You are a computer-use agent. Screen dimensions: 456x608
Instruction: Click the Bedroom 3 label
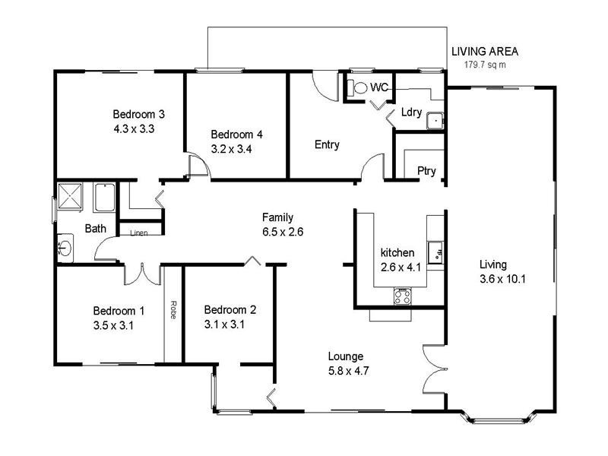pos(139,115)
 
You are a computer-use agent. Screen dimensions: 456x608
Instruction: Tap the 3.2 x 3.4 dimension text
pos(236,149)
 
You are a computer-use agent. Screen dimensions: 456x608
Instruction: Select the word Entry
pos(327,144)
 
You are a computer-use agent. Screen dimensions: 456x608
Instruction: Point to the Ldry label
pos(411,112)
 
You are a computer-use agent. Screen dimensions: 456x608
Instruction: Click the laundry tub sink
pos(434,120)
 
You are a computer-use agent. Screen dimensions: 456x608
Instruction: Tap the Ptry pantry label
pos(426,171)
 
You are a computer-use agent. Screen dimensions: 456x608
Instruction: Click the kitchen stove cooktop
pos(403,296)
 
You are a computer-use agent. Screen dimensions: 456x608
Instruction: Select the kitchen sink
pos(435,252)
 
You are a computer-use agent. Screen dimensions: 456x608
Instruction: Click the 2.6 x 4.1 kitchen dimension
pos(397,267)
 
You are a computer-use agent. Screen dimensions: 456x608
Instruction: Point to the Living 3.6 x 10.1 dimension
pos(502,278)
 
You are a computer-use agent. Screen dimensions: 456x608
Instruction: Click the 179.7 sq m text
pos(485,65)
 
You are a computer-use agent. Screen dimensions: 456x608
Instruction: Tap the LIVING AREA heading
pos(485,52)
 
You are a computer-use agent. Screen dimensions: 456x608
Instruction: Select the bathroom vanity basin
pos(65,247)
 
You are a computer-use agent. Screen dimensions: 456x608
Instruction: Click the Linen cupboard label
pos(139,233)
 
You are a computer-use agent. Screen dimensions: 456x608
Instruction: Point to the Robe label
pos(173,310)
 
